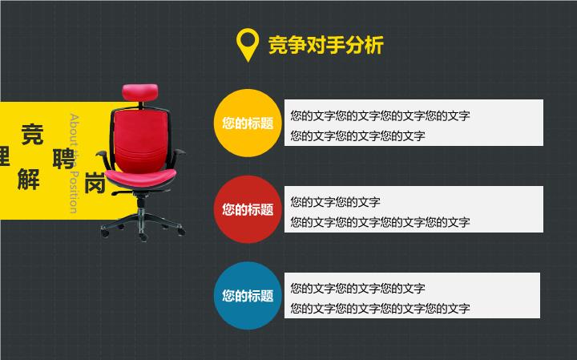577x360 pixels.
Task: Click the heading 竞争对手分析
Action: coord(326,45)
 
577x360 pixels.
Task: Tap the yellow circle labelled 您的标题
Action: coord(248,123)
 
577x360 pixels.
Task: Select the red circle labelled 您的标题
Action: coord(248,209)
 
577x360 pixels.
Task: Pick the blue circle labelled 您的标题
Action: coord(248,296)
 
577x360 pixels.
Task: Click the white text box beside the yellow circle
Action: coord(414,123)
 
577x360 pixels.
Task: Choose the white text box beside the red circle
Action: coord(414,209)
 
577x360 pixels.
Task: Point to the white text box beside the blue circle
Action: coord(412,295)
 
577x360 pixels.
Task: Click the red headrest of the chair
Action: coord(140,92)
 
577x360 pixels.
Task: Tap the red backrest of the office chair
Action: coord(140,140)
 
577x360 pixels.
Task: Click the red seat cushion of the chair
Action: coord(140,178)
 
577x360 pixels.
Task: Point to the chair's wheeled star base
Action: coord(143,223)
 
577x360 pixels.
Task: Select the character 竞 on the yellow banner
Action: coord(32,135)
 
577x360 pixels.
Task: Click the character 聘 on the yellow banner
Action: coord(63,159)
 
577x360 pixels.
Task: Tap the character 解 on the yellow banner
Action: coord(29,180)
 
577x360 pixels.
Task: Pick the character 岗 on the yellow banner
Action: coord(95,183)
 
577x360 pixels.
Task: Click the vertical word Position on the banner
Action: coord(74,192)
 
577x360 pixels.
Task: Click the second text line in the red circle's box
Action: coord(380,222)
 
